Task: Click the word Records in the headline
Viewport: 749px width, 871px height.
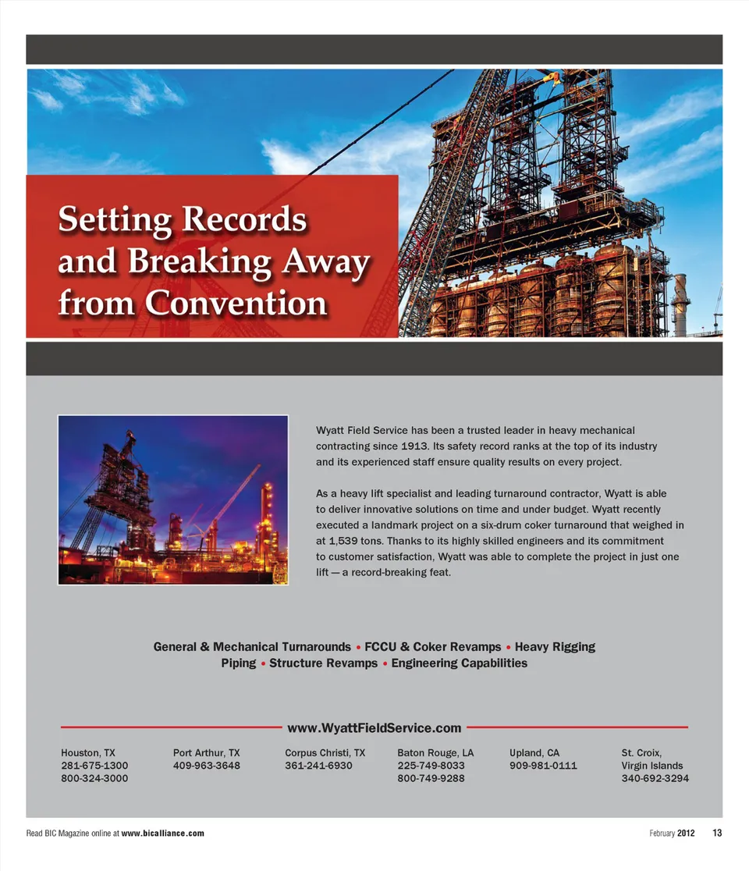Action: [x=243, y=220]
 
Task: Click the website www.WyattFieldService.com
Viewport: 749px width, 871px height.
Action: [x=374, y=728]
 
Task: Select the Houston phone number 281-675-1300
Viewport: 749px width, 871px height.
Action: [x=94, y=766]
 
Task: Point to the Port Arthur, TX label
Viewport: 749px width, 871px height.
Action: [x=206, y=753]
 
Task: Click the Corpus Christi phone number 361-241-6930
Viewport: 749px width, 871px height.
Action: [x=318, y=766]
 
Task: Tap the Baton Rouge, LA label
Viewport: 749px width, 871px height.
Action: [x=435, y=753]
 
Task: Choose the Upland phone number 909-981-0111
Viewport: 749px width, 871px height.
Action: [x=543, y=766]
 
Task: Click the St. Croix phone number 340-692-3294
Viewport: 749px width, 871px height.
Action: [x=655, y=778]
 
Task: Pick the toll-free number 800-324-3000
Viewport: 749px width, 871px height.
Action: [x=94, y=778]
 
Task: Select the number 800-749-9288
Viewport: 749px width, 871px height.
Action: [x=431, y=778]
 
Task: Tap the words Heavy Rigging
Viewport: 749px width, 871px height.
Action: [x=555, y=647]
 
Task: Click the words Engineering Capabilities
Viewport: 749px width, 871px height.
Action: [x=459, y=663]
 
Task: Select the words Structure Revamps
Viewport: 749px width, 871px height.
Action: [x=323, y=663]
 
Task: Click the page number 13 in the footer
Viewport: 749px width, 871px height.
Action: [x=717, y=834]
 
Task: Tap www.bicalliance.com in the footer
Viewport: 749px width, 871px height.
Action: [x=163, y=834]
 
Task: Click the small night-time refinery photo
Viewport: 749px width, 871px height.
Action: [x=172, y=499]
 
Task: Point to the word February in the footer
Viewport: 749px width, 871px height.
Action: [x=662, y=834]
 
